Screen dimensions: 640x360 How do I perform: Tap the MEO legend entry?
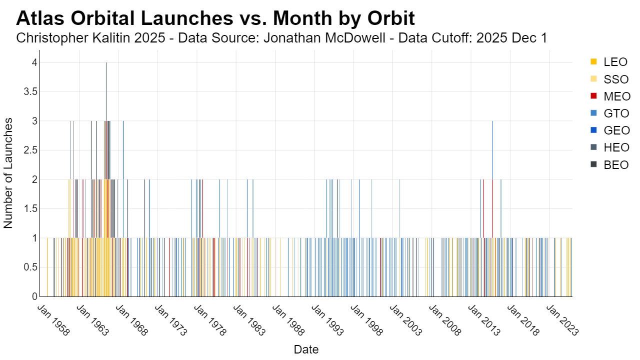click(x=610, y=96)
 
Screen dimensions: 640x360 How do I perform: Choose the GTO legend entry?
click(x=609, y=113)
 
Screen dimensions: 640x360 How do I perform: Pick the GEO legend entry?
click(x=610, y=130)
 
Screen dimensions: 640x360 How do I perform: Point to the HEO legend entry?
click(x=609, y=147)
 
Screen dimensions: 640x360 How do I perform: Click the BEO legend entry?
click(x=609, y=165)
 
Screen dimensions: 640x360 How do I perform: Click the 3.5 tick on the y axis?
click(x=30, y=91)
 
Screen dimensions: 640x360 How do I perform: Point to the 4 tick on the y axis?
click(x=34, y=62)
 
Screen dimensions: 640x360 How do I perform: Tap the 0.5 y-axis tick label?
click(x=30, y=267)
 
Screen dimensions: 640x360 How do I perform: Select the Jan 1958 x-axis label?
click(x=53, y=320)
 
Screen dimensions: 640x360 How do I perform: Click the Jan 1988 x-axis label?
click(x=288, y=320)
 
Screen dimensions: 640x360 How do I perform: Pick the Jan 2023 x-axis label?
click(x=562, y=320)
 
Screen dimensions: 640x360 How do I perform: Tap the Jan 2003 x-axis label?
click(x=405, y=320)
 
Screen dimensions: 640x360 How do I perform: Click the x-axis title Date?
click(x=306, y=349)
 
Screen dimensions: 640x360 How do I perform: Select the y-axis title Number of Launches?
click(x=8, y=173)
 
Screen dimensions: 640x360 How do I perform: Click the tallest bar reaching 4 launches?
click(x=106, y=179)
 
